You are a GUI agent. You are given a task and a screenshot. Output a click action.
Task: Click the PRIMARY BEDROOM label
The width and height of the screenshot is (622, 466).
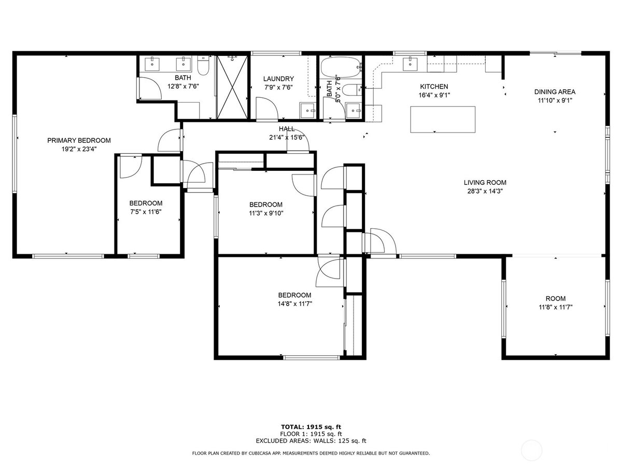pos(79,140)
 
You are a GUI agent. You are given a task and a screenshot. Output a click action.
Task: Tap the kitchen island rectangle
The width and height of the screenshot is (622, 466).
pos(443,120)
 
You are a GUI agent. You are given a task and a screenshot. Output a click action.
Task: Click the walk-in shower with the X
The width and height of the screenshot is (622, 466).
pos(232,87)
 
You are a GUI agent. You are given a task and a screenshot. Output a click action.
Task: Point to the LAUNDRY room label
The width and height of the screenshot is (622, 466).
pos(278,79)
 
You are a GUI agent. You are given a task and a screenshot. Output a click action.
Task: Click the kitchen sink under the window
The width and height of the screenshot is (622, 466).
pos(411,64)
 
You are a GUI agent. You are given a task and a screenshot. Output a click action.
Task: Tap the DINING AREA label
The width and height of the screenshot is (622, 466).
pos(555,92)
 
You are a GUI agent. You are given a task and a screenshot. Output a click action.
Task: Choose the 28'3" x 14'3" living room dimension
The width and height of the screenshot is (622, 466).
pos(485,191)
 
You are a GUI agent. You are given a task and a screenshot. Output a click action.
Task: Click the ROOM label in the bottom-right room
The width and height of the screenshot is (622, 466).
pos(556,299)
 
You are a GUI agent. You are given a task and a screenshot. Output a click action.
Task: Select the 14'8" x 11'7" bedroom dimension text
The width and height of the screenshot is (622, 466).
pos(295,304)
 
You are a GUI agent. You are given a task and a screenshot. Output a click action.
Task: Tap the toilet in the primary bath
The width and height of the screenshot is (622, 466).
pos(203,65)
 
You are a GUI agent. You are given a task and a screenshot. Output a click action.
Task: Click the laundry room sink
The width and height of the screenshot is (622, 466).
pos(307,110)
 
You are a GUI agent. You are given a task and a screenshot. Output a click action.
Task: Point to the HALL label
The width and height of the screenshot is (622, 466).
pos(287,129)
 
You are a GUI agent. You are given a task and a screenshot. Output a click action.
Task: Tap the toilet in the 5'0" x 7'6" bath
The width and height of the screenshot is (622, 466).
pos(352,90)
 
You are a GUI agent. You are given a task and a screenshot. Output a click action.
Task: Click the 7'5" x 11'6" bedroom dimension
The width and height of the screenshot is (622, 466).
pos(146,212)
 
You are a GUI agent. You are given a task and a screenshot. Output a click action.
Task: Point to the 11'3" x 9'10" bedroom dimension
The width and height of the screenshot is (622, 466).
pos(266,213)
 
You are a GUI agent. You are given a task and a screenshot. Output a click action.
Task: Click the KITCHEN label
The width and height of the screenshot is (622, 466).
pos(434,86)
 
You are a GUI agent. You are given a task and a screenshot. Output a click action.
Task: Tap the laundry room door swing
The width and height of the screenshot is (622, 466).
pos(266,108)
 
